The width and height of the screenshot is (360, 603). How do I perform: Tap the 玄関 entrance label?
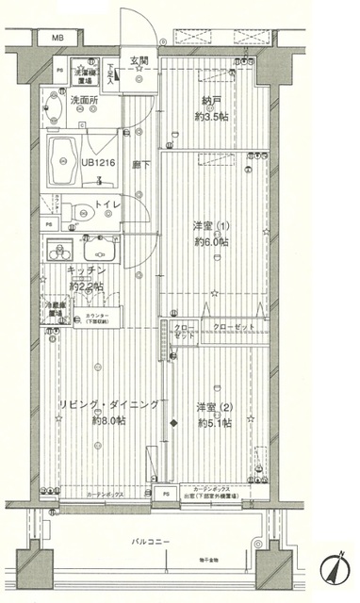click(139, 62)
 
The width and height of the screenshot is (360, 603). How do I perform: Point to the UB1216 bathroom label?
click(99, 162)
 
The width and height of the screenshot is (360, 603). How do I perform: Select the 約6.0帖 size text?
click(211, 240)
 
